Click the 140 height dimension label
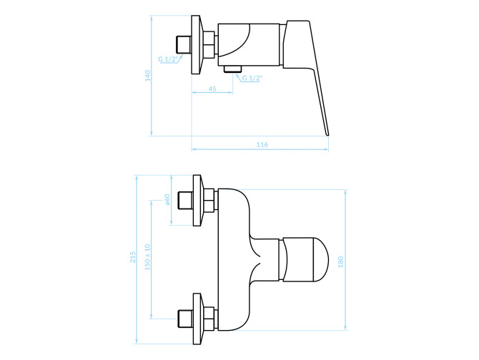click(x=148, y=76)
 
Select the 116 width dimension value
click(x=262, y=144)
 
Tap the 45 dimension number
click(x=212, y=89)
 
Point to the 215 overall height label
click(x=133, y=257)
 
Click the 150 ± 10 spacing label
click(x=147, y=257)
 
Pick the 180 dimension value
click(x=340, y=261)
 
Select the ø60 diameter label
click(x=167, y=199)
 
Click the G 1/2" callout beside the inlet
click(x=168, y=59)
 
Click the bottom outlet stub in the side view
click(x=233, y=69)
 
